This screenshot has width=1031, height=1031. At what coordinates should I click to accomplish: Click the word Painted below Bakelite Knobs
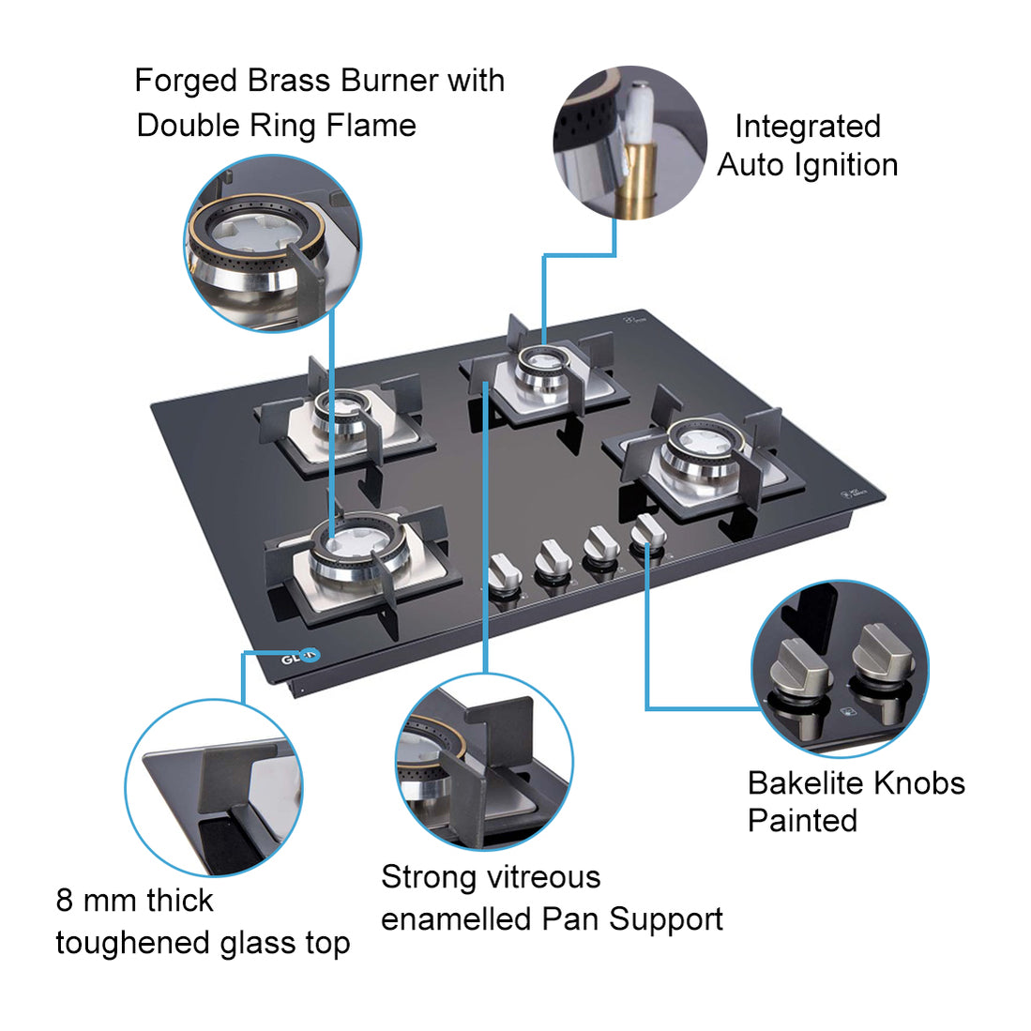click(802, 821)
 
